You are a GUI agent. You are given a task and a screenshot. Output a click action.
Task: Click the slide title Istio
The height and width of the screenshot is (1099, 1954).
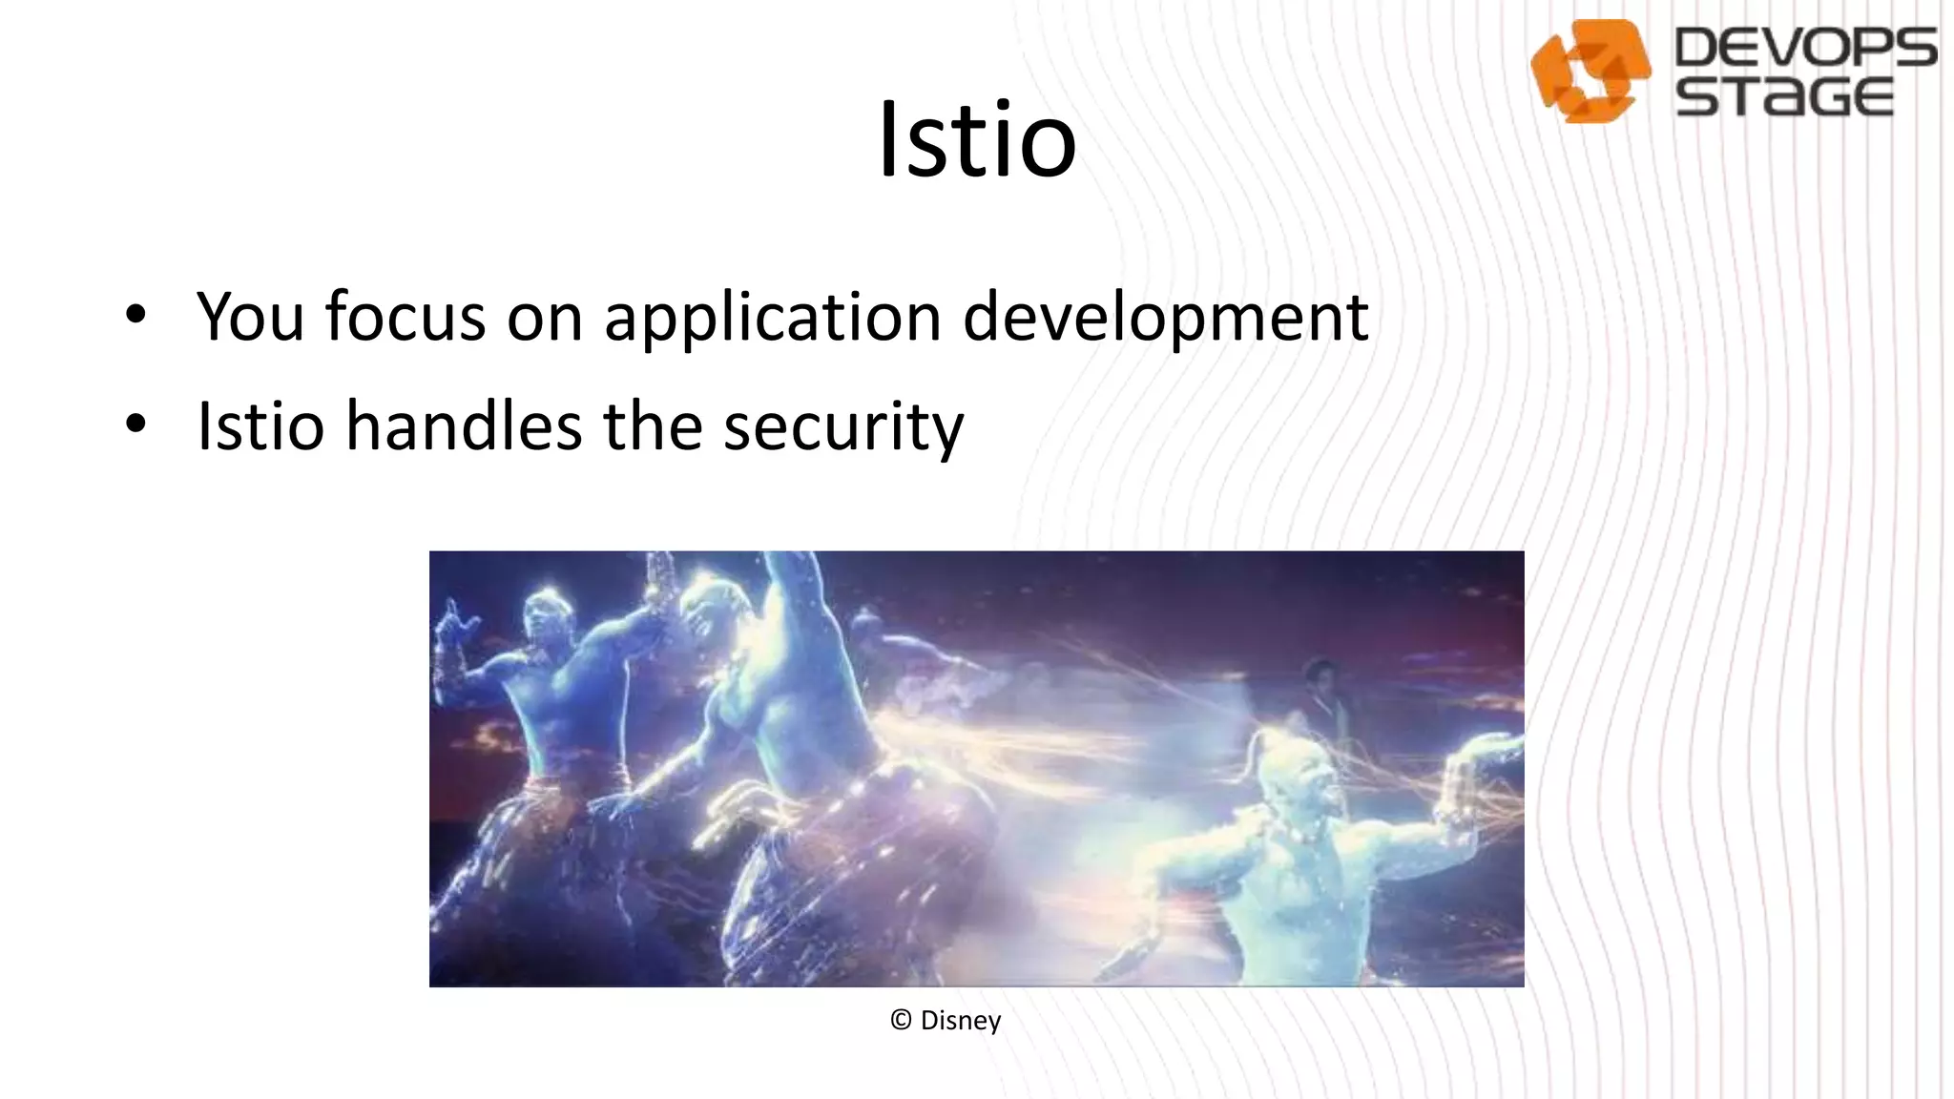977,139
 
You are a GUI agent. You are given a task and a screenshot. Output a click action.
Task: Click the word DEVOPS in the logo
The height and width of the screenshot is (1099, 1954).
1804,48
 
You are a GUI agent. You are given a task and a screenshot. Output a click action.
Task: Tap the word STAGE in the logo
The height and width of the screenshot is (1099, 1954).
1784,97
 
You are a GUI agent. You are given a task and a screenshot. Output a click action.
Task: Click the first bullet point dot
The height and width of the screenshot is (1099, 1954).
135,314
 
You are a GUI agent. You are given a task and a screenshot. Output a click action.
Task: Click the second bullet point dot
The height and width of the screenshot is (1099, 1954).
135,424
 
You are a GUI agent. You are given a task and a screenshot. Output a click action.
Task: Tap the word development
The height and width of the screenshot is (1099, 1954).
1166,318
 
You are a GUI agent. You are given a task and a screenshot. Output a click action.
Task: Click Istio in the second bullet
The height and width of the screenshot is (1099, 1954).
260,425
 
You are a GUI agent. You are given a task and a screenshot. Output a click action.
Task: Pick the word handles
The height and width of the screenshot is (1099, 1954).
464,425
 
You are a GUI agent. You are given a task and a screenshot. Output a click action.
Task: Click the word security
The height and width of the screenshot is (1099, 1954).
843,427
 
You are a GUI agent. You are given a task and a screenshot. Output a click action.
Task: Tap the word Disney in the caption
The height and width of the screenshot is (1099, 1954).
960,1021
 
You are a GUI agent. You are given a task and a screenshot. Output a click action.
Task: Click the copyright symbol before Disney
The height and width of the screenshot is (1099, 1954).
901,1020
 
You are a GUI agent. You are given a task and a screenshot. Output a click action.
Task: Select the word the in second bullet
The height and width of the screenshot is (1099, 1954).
653,425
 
